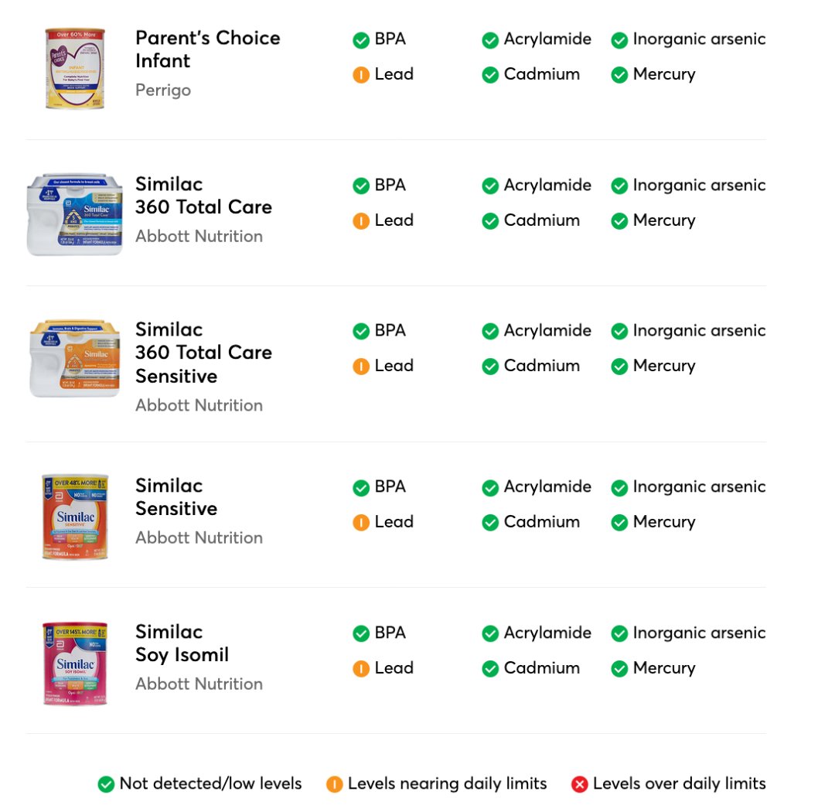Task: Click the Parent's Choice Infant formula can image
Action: tap(74, 69)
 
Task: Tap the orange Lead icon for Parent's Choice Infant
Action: tap(360, 75)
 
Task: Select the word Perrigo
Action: tap(163, 90)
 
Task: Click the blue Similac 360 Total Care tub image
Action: tap(74, 214)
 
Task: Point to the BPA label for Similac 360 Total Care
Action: tap(390, 185)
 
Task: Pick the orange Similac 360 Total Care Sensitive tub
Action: tap(74, 359)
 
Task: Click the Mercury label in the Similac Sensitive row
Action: tap(663, 522)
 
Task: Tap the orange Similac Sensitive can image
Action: tap(74, 517)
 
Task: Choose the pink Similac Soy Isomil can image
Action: tap(74, 663)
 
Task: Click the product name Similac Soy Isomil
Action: tap(182, 643)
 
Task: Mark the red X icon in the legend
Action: tap(579, 785)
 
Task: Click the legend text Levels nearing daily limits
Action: tap(447, 783)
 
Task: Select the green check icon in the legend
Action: tap(106, 785)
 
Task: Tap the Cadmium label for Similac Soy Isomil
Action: tap(541, 668)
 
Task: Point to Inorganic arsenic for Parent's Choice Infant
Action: tap(699, 39)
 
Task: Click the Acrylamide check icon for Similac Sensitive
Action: tap(489, 488)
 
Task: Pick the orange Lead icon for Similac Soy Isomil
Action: tap(360, 669)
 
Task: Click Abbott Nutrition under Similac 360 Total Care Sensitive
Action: tap(199, 405)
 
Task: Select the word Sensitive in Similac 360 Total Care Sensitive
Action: tap(176, 377)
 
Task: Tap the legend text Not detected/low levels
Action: tap(210, 783)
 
